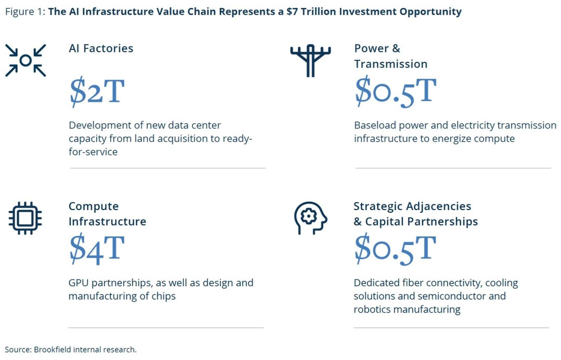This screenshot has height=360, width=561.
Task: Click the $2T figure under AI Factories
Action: click(x=97, y=91)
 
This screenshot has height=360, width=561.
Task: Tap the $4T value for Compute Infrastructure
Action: click(x=97, y=249)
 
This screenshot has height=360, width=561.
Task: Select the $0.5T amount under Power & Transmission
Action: click(x=396, y=91)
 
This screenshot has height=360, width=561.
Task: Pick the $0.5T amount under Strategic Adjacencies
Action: click(x=396, y=249)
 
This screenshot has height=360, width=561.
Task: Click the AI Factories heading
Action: click(x=101, y=48)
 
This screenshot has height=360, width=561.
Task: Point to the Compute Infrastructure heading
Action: click(x=107, y=214)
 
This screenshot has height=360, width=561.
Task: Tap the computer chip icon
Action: click(x=25, y=218)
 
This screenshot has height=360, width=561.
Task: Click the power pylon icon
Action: click(x=310, y=60)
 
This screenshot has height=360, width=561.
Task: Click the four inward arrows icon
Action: click(x=26, y=60)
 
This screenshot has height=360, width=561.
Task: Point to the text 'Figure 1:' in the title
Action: click(x=25, y=12)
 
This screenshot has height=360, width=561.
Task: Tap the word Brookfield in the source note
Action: click(x=52, y=349)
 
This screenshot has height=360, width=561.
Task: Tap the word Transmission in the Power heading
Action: click(x=391, y=64)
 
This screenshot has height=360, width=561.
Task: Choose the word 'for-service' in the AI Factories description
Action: click(x=93, y=152)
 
